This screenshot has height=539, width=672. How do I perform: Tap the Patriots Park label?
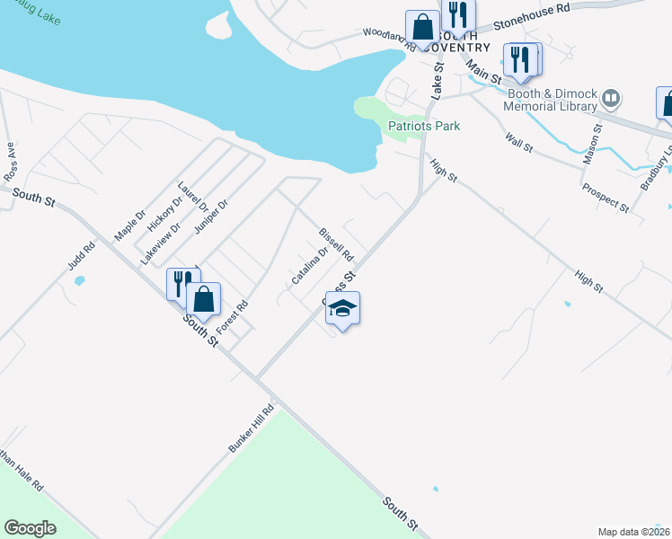424,126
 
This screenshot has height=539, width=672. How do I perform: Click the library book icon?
611,97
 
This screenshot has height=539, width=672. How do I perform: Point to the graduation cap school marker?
342,310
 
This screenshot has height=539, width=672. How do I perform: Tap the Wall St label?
518,142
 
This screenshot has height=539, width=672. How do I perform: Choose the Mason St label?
593,139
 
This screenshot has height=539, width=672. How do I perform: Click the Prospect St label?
605,199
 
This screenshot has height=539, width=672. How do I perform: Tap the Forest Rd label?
231,319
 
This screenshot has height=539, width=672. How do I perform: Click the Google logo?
30,528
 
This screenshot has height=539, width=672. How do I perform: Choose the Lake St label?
438,80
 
